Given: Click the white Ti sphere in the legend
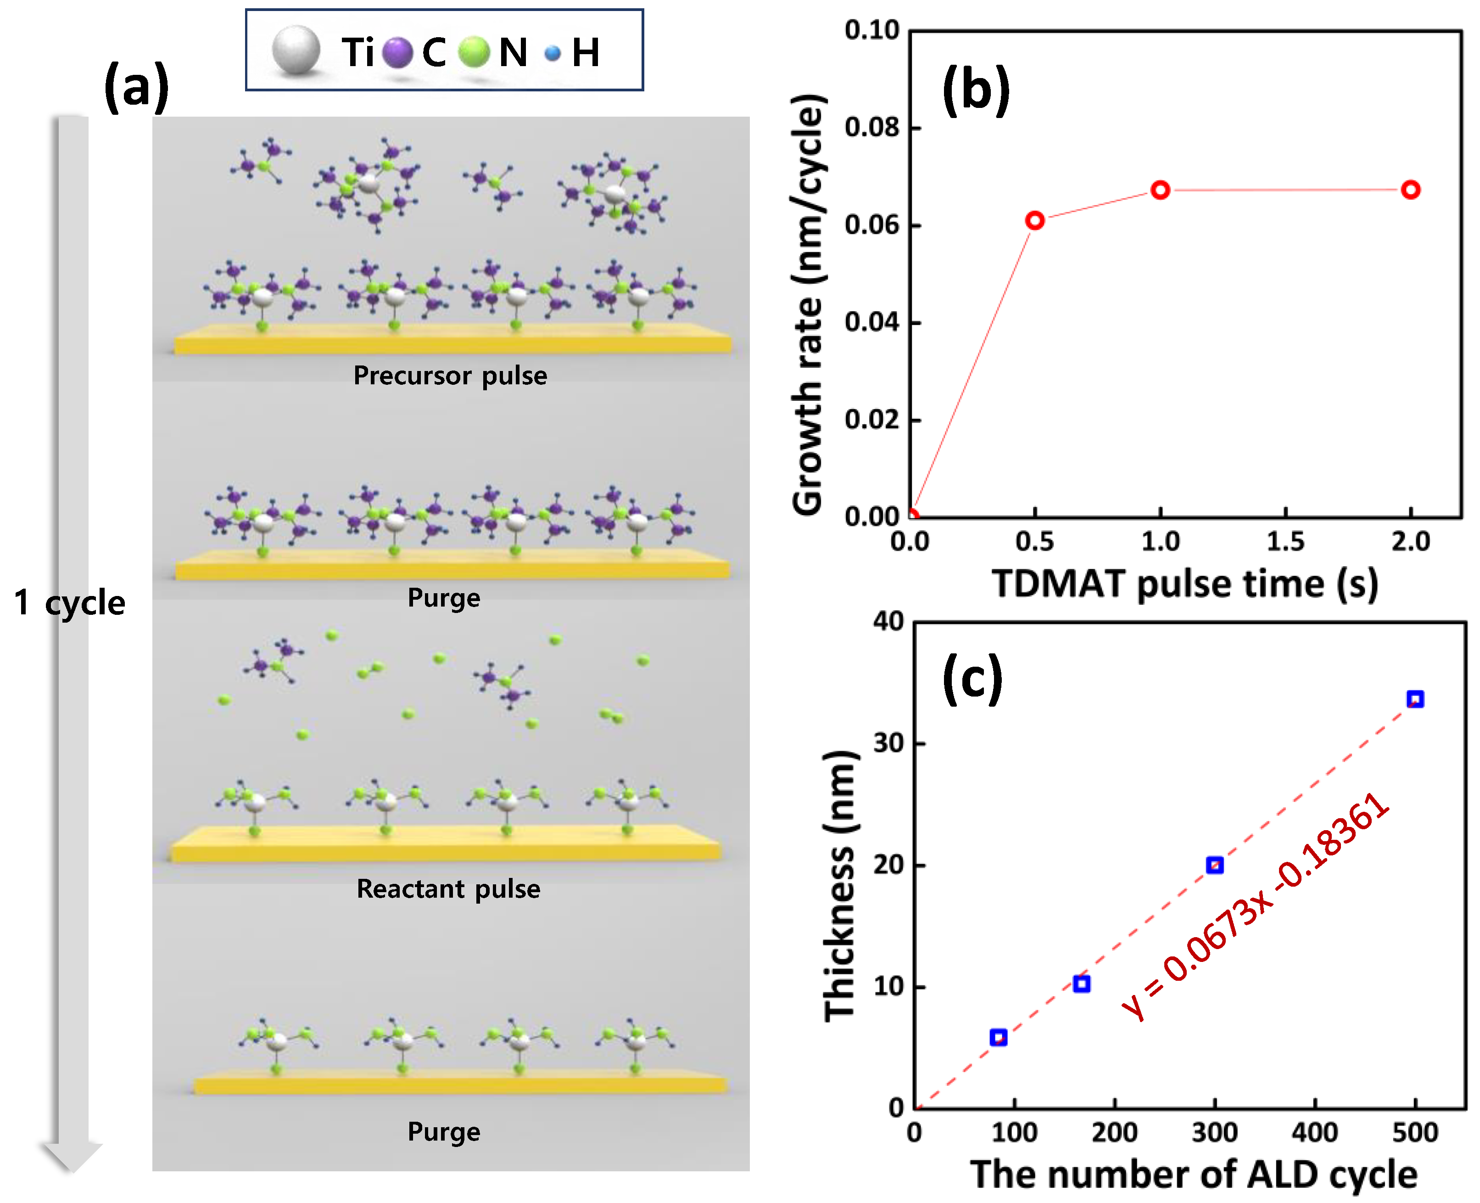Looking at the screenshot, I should click(x=296, y=50).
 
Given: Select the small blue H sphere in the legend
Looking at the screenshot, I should click(x=552, y=53).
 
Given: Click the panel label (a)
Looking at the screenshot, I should click(x=136, y=87).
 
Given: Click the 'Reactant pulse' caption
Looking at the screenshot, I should click(x=448, y=888).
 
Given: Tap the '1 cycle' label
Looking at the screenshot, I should click(x=69, y=602).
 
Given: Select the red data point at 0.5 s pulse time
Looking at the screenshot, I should click(x=1035, y=220).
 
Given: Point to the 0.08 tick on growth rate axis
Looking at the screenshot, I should click(x=871, y=128).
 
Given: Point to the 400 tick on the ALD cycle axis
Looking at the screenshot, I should click(x=1314, y=1132).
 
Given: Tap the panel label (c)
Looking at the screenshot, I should click(x=972, y=679).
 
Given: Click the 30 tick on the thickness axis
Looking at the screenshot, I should click(x=888, y=743).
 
